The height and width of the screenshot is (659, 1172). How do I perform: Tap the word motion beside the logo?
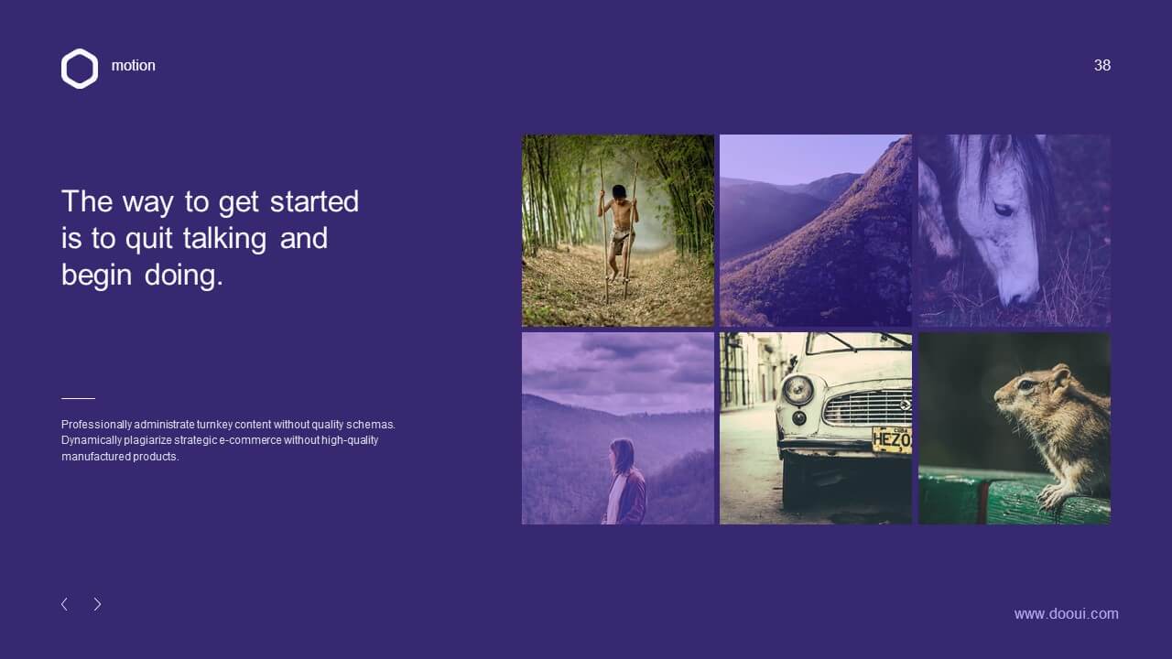pyautogui.click(x=134, y=65)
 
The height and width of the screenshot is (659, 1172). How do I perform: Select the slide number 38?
pyautogui.click(x=1101, y=65)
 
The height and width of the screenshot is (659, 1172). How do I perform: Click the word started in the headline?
pyautogui.click(x=314, y=201)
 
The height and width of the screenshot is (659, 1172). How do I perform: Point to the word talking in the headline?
pyautogui.click(x=225, y=239)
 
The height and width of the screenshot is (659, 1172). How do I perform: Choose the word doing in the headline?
pyautogui.click(x=184, y=275)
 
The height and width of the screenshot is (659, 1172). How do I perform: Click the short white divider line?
pyautogui.click(x=78, y=398)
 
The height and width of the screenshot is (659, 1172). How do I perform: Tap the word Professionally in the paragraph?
pyautogui.click(x=96, y=424)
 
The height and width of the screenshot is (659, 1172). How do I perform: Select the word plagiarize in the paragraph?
pyautogui.click(x=147, y=440)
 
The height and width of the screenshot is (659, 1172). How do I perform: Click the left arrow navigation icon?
pyautogui.click(x=64, y=604)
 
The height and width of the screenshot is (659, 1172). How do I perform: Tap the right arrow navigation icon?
pyautogui.click(x=97, y=604)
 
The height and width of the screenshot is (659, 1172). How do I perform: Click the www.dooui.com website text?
pyautogui.click(x=1067, y=613)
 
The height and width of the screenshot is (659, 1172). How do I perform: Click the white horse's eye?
pyautogui.click(x=1003, y=210)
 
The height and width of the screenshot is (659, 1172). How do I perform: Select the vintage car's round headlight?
pyautogui.click(x=798, y=390)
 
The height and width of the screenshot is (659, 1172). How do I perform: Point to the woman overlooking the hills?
pyautogui.click(x=625, y=481)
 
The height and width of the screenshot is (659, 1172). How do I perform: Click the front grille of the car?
pyautogui.click(x=867, y=408)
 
